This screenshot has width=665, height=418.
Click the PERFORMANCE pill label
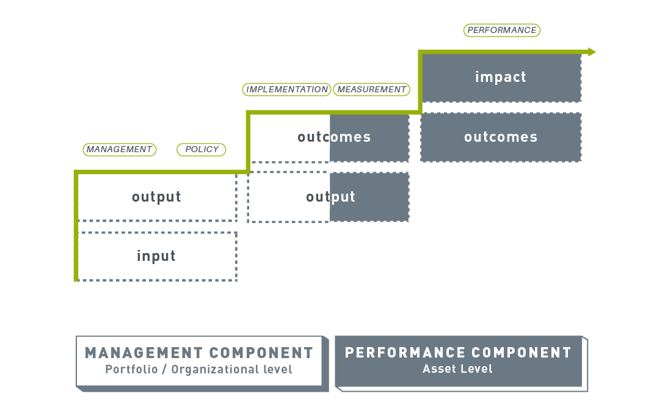[502, 30]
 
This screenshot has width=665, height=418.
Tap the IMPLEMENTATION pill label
[286, 90]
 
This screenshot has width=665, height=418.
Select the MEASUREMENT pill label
[371, 90]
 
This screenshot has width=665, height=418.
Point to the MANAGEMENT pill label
[119, 149]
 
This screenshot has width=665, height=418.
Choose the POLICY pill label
[202, 149]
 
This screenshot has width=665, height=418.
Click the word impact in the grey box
[501, 77]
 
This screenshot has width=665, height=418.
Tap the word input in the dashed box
[156, 256]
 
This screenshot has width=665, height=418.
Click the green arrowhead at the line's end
[592, 52]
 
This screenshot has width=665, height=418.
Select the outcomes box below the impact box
[501, 137]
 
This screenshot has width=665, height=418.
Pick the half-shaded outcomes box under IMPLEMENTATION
[330, 137]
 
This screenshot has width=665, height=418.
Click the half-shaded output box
[329, 197]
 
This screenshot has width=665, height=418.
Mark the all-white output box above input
[157, 197]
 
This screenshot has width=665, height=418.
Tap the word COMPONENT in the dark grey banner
[521, 353]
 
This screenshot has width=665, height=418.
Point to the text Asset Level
[457, 369]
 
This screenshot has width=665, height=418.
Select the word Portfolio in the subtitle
[131, 369]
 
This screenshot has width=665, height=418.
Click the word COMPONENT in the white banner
[261, 353]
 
